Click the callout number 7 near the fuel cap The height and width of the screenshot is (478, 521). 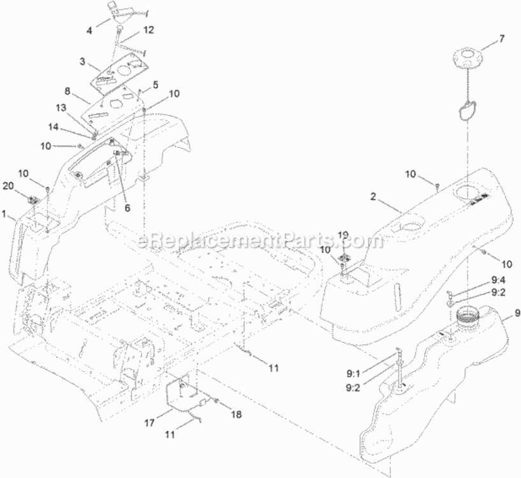click(x=501, y=39)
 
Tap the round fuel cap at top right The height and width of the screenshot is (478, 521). click(x=468, y=59)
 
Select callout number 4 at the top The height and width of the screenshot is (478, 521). click(x=89, y=31)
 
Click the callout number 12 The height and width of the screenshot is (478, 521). click(x=149, y=30)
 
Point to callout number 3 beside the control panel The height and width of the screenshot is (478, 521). click(x=82, y=61)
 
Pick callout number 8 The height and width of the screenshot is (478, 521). click(x=68, y=91)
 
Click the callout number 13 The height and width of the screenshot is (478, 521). click(x=61, y=108)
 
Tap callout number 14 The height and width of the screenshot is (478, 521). click(x=54, y=127)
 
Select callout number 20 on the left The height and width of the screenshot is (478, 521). click(x=8, y=186)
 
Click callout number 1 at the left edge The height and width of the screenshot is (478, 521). click(x=4, y=214)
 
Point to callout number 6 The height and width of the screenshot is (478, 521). click(x=128, y=208)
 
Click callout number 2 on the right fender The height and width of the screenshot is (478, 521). click(x=374, y=197)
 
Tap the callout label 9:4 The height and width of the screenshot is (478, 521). click(x=499, y=280)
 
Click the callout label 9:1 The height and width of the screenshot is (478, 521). click(x=353, y=374)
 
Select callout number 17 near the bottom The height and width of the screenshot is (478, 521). click(x=149, y=423)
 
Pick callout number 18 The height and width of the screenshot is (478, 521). click(x=236, y=414)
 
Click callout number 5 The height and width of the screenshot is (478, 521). click(x=156, y=85)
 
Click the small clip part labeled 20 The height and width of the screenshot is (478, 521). click(x=33, y=200)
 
